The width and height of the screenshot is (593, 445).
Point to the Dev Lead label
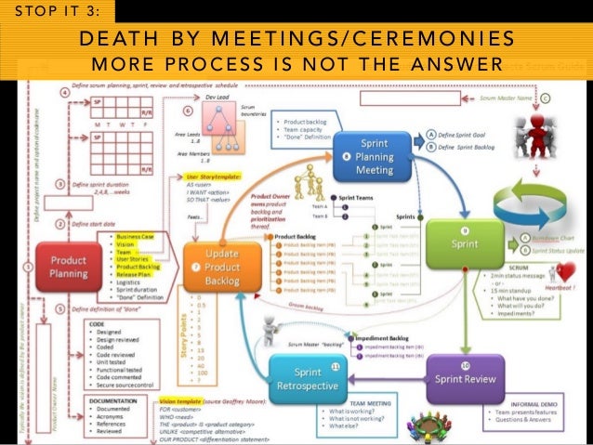(217, 96)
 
